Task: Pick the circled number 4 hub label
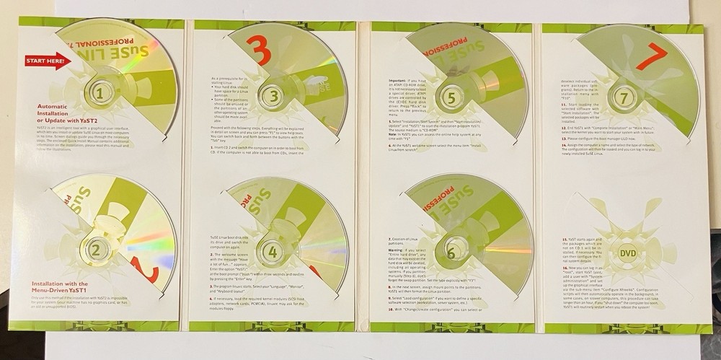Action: (271, 253)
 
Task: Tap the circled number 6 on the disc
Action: (451, 253)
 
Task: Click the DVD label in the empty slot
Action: (629, 253)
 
